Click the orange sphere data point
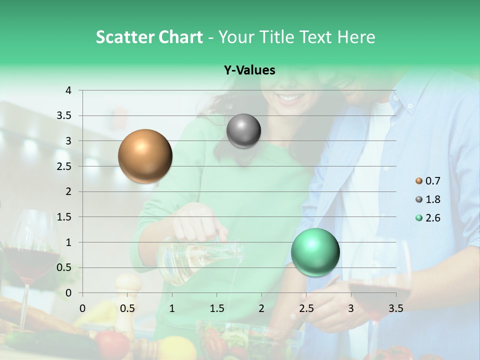coord(145,156)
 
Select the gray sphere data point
coord(243,131)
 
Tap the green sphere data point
coord(315,252)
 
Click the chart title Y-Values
coord(249,70)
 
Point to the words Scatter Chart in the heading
coord(149,37)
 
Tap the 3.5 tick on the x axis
coord(396,308)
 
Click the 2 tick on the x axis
coord(261,308)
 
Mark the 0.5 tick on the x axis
coord(127,308)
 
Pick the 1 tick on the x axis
coord(172,308)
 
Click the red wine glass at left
coord(31,255)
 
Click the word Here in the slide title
coord(355,37)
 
